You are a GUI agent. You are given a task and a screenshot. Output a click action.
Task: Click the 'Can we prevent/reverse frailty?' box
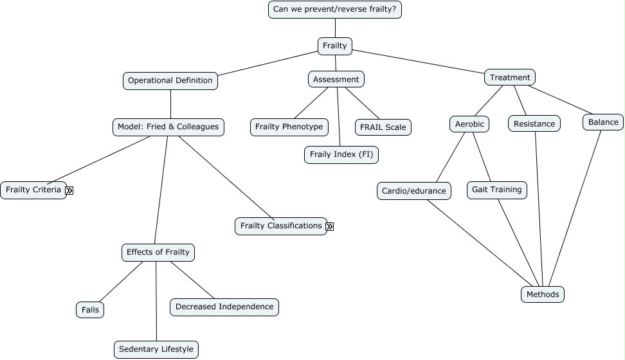334,10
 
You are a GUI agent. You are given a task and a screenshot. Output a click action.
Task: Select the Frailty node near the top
334,46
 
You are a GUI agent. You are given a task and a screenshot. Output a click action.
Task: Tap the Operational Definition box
170,80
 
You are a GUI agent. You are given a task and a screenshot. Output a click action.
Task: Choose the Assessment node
336,79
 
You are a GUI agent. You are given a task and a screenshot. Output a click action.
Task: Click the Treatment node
510,77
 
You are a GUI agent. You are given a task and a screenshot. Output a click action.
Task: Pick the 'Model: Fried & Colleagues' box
168,127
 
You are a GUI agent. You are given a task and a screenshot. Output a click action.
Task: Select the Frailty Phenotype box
289,127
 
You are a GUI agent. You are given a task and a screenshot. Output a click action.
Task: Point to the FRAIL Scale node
383,127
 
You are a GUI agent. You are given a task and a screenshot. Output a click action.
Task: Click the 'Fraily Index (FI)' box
341,154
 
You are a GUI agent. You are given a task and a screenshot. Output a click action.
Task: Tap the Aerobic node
469,123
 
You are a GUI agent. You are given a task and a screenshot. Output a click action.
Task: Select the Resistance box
534,123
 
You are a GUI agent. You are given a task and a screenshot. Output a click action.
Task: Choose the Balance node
602,122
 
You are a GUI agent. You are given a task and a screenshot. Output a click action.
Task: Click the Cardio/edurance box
414,191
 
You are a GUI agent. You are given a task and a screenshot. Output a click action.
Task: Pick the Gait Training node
496,190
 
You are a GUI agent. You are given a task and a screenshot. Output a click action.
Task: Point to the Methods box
543,294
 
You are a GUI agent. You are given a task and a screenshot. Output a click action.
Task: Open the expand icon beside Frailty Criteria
69,190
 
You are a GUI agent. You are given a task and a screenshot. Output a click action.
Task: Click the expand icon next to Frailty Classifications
329,226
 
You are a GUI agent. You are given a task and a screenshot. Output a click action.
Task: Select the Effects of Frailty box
158,252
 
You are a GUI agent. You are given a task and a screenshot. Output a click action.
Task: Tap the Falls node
90,309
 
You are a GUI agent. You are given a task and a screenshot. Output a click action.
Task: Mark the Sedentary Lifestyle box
156,349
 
